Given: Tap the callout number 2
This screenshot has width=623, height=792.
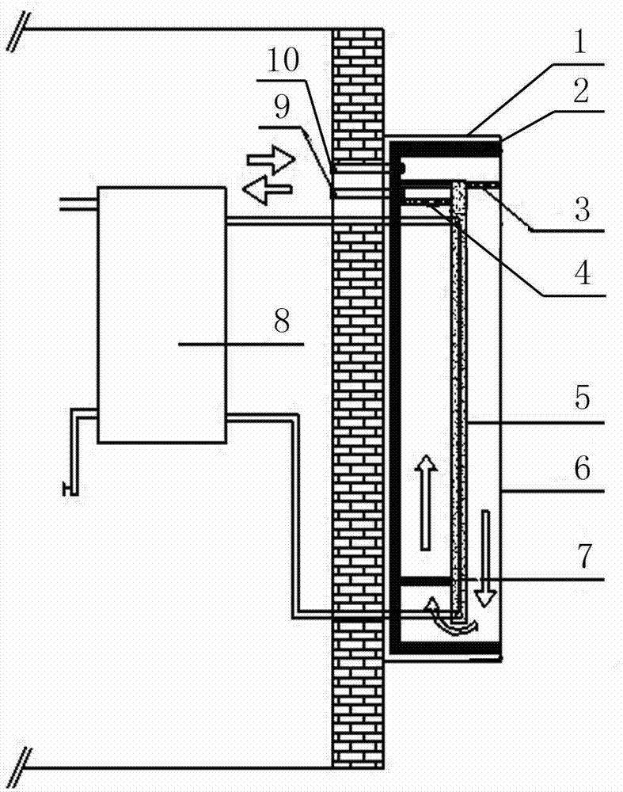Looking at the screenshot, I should [582, 93].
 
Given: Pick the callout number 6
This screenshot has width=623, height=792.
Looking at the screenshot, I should [582, 470].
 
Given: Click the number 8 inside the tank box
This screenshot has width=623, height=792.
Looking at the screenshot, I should [281, 322].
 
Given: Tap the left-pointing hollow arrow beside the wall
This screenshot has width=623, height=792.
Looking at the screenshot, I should [266, 190].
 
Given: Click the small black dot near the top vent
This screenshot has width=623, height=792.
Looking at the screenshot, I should [402, 167].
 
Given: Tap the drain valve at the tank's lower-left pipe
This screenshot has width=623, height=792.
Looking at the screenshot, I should [70, 489].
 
